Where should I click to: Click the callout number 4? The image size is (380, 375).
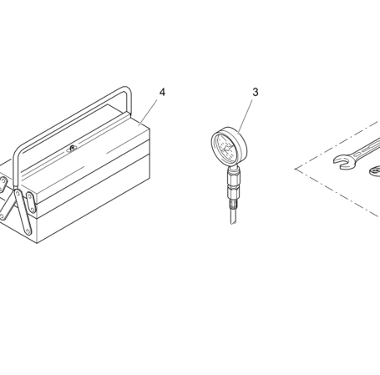click(x=162, y=92)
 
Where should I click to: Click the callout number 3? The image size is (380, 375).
click(x=256, y=92)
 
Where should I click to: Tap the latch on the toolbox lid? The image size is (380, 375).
click(x=72, y=148)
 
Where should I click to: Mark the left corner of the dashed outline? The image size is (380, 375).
click(x=296, y=169)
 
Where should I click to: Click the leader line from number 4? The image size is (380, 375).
click(x=148, y=112)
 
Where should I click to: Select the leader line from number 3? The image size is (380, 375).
click(x=246, y=115)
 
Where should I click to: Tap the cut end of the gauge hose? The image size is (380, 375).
click(x=233, y=222)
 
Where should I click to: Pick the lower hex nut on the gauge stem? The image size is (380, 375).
click(x=233, y=192)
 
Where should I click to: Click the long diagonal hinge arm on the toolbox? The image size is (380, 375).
click(x=23, y=212)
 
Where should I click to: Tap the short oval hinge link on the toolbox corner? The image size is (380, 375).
click(x=31, y=203)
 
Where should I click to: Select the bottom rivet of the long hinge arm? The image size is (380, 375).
click(x=28, y=231)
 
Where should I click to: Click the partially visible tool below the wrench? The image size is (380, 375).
click(x=375, y=170)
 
